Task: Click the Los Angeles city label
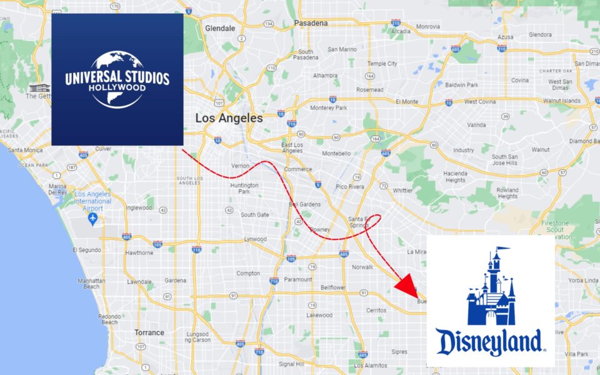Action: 229,117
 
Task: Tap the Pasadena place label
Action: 311,23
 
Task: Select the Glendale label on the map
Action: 220,28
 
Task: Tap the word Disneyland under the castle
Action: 489,342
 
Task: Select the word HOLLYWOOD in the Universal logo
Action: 117,88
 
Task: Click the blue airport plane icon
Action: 93,218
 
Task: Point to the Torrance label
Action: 149,332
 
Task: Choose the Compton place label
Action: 248,273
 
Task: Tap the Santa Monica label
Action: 25,150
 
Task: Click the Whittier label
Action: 402,190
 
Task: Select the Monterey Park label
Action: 328,107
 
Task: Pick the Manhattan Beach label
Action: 91,284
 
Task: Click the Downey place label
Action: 319,229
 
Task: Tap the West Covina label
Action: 479,101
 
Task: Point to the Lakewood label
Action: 319,315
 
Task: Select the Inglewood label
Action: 139,207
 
